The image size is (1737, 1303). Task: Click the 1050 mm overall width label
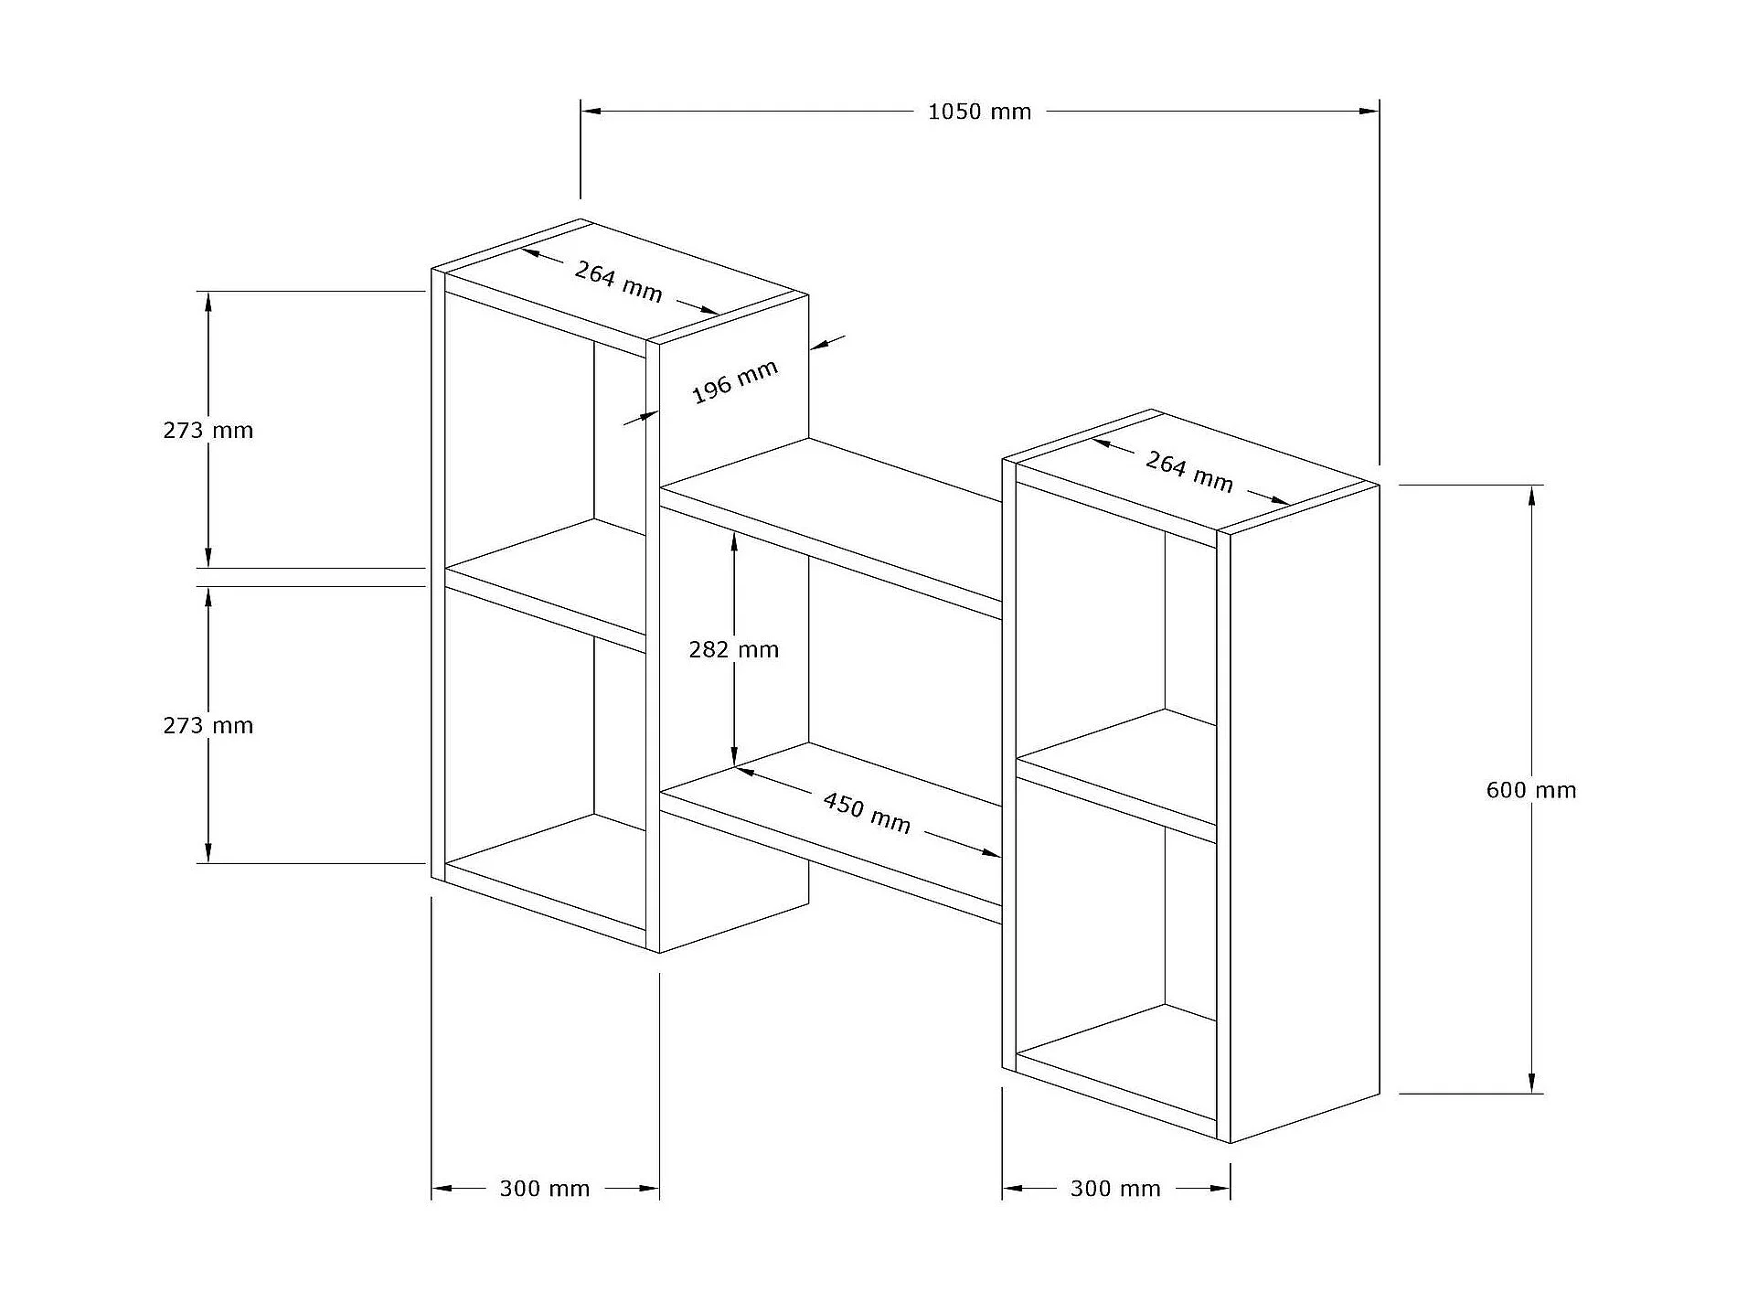(x=979, y=112)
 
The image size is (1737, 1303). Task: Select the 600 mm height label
(x=1531, y=790)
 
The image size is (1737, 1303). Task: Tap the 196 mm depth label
(x=734, y=381)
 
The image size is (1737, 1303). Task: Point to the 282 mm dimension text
(x=733, y=649)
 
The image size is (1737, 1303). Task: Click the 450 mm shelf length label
(x=867, y=813)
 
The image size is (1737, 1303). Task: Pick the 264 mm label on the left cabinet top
(x=618, y=281)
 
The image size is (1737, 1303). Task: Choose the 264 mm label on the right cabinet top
(x=1188, y=471)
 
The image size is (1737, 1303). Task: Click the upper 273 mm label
(x=208, y=430)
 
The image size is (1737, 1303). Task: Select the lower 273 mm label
(x=208, y=725)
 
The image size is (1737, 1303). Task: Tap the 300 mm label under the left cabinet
(x=545, y=1189)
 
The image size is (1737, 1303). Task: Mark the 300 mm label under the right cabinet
(x=1115, y=1189)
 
